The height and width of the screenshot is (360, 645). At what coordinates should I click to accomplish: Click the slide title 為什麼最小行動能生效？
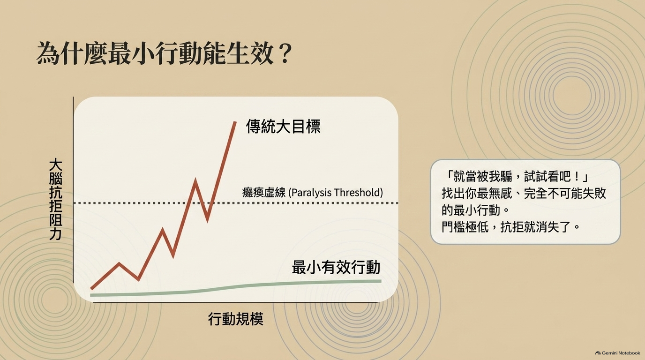pyautogui.click(x=164, y=54)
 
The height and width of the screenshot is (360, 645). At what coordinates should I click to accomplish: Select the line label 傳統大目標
pyautogui.click(x=283, y=127)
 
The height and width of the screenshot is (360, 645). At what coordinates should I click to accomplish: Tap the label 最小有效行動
pyautogui.click(x=336, y=267)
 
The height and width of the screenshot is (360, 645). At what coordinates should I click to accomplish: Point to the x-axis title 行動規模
pyautogui.click(x=235, y=319)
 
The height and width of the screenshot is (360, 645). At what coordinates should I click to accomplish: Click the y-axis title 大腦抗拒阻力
pyautogui.click(x=56, y=200)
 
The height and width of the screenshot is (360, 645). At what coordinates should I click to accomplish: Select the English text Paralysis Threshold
pyautogui.click(x=336, y=192)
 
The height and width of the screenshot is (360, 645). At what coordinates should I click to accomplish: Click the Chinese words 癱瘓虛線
pyautogui.click(x=264, y=192)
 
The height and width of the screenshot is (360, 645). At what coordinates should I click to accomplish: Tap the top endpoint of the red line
pyautogui.click(x=235, y=122)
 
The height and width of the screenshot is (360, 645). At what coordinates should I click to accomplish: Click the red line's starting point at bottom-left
pyautogui.click(x=91, y=288)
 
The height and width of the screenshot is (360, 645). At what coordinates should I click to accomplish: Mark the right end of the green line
pyautogui.click(x=381, y=281)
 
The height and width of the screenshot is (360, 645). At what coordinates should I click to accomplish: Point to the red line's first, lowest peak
pyautogui.click(x=119, y=263)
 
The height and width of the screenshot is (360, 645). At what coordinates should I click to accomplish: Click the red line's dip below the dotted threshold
pyautogui.click(x=208, y=220)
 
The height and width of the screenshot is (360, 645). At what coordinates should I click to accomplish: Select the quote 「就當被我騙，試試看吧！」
pyautogui.click(x=516, y=176)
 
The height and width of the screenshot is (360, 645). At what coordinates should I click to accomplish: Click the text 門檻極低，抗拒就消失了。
pyautogui.click(x=510, y=227)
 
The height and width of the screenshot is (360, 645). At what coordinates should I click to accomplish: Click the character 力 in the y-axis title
pyautogui.click(x=56, y=234)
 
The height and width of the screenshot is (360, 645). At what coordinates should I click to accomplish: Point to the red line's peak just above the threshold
pyautogui.click(x=195, y=181)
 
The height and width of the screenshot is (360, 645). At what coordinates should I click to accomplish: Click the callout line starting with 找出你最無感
pyautogui.click(x=524, y=193)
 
